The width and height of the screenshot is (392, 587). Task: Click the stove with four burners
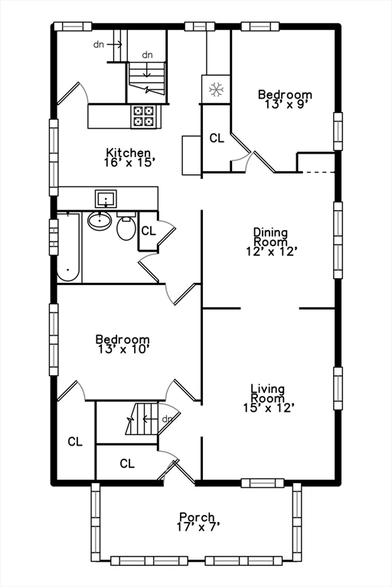[143, 115]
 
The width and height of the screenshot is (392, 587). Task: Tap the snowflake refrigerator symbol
[215, 90]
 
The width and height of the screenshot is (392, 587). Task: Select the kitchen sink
[106, 199]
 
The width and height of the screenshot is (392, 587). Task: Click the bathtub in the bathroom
[69, 246]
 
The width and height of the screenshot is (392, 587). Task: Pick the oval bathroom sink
[99, 222]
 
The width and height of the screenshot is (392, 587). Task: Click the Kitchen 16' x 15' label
[130, 157]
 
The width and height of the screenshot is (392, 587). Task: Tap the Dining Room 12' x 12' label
[270, 241]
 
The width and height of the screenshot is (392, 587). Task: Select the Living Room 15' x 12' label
[268, 398]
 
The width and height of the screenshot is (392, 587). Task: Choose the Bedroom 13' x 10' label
[122, 344]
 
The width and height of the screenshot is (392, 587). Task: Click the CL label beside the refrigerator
[217, 138]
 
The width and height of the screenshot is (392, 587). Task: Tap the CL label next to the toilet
[149, 230]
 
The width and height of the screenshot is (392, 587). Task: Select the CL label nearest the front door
[127, 463]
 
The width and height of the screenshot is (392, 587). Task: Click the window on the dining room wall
[338, 241]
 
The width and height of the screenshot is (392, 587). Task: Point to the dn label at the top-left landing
[99, 44]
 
